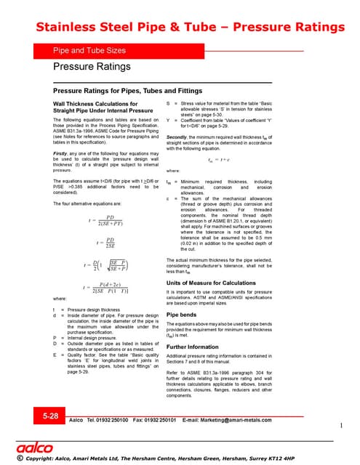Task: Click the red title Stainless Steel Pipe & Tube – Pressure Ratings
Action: (x=180, y=28)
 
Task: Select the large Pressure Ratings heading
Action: (x=92, y=67)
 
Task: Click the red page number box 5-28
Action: (x=51, y=416)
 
